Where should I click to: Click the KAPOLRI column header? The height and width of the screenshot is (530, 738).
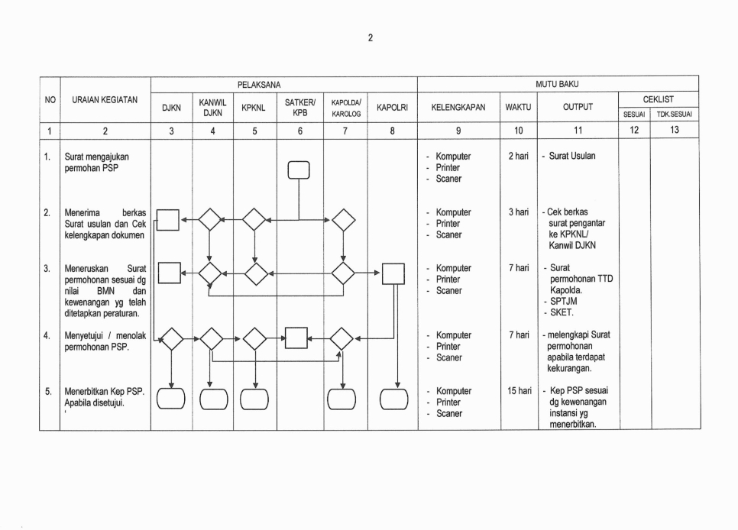point(393,108)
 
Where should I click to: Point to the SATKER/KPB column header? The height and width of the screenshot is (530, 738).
point(300,107)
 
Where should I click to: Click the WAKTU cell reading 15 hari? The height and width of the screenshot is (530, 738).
point(519,391)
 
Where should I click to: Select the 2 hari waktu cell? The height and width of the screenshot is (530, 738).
point(519,157)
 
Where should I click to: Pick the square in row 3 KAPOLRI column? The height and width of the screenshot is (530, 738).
point(393,273)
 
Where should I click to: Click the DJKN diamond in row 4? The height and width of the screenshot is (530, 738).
point(172,338)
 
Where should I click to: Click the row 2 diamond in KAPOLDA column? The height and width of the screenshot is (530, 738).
point(344,220)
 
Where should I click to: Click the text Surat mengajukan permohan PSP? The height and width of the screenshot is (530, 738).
point(96,162)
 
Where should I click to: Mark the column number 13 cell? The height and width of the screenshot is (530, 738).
point(674,131)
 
